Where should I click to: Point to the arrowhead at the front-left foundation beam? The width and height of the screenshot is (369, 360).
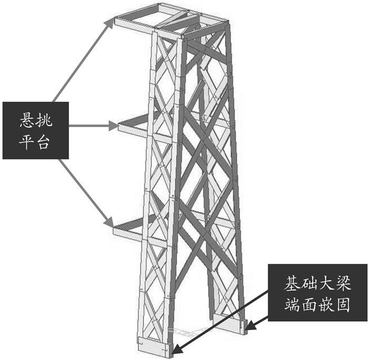pos(176,350)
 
